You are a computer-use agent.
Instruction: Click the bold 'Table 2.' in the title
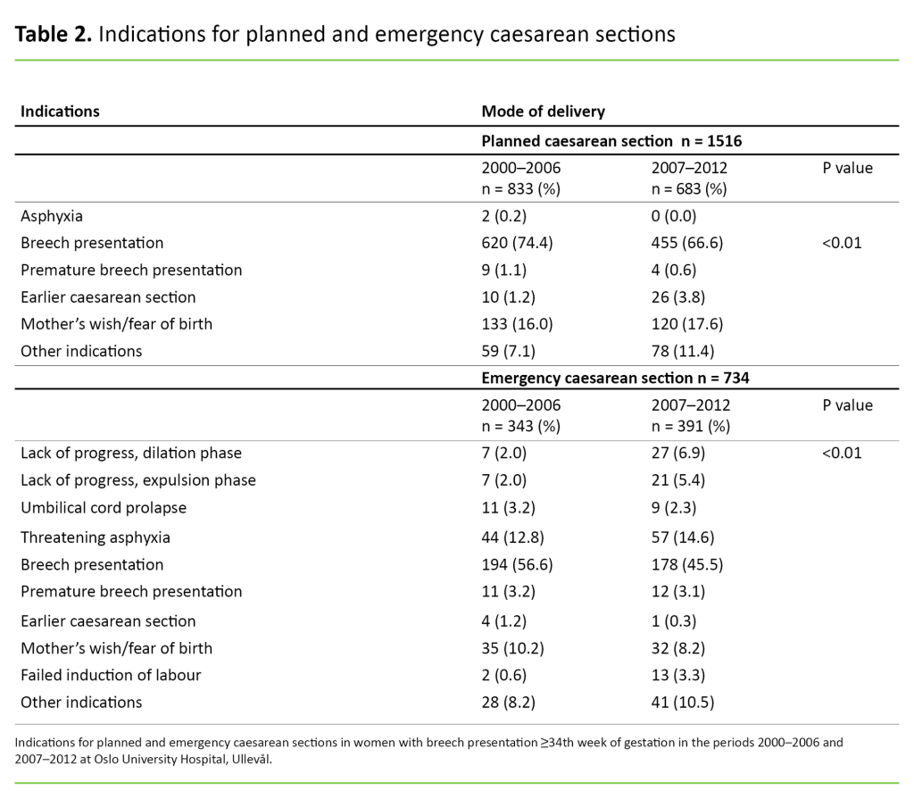click(x=54, y=35)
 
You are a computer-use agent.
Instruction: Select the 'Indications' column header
click(x=60, y=112)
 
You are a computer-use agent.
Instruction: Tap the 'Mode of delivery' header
click(x=543, y=112)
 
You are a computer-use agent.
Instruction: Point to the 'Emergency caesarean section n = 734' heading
click(x=615, y=378)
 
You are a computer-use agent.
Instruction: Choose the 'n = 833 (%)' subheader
click(x=520, y=188)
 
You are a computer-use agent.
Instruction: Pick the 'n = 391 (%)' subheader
click(x=691, y=426)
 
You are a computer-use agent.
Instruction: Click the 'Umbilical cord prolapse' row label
click(x=103, y=508)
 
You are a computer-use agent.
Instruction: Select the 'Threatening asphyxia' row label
click(x=96, y=537)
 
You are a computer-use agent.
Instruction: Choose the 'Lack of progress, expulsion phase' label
click(x=138, y=480)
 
